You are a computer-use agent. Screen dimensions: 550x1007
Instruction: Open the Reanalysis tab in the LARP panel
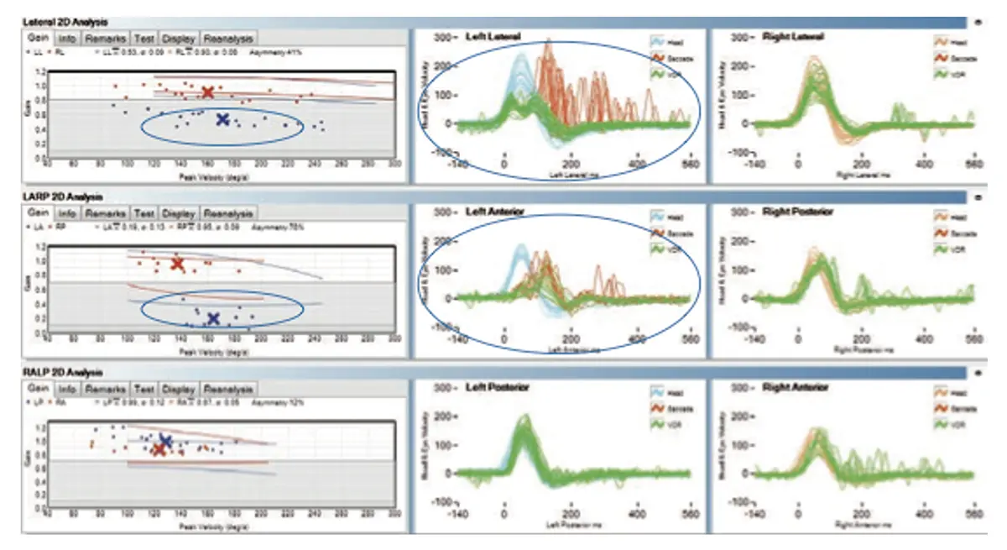click(x=230, y=213)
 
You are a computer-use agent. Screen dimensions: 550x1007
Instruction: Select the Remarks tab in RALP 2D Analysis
click(x=105, y=390)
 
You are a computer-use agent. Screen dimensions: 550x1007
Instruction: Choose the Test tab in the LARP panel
click(x=144, y=213)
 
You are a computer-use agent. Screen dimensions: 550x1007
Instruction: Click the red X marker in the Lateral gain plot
click(x=208, y=92)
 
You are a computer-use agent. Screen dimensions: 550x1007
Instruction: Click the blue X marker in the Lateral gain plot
click(x=222, y=120)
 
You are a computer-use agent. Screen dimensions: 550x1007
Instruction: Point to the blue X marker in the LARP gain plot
click(x=212, y=318)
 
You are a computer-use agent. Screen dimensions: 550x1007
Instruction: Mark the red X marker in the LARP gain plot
click(x=177, y=265)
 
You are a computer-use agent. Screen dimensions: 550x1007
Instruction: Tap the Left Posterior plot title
click(x=495, y=387)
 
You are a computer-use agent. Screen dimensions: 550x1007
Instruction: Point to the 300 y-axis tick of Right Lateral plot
click(x=739, y=36)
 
